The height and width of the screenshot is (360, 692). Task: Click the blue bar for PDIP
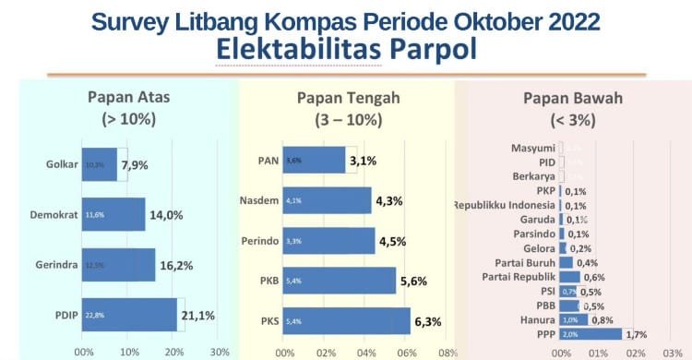(129, 315)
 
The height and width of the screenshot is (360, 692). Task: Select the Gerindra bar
(118, 264)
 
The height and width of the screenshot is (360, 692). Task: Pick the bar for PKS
(346, 321)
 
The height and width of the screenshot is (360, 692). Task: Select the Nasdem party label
(258, 200)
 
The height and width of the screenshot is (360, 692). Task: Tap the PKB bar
(339, 281)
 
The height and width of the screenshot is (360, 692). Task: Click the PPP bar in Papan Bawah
(591, 333)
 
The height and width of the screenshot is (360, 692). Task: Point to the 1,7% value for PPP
(637, 333)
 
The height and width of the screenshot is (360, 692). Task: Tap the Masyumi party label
(533, 148)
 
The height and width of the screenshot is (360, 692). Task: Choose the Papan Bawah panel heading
(572, 99)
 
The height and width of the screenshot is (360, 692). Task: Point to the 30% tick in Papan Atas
(220, 352)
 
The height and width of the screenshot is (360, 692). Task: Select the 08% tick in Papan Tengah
(447, 352)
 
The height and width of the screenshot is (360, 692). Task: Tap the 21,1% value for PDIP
(198, 315)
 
